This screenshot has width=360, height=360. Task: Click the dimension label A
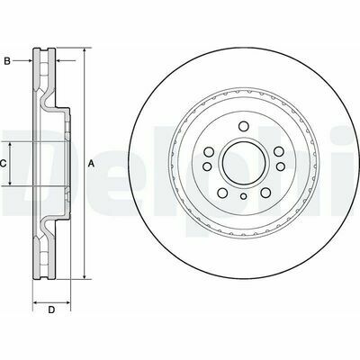coord(91,164)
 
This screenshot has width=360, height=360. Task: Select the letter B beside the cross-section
coord(7,61)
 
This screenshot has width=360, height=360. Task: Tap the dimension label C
coord(3,164)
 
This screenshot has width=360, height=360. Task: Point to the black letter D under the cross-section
coord(51,310)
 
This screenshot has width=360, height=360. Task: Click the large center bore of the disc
coord(244,164)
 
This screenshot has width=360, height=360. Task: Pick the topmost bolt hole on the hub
coord(244,126)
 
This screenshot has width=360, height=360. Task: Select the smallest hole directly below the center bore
coord(243,196)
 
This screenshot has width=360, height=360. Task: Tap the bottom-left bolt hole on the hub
coord(222,193)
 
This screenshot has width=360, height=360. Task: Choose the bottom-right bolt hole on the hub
coord(265,193)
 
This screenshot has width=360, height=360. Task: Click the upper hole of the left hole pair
coord(208,152)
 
